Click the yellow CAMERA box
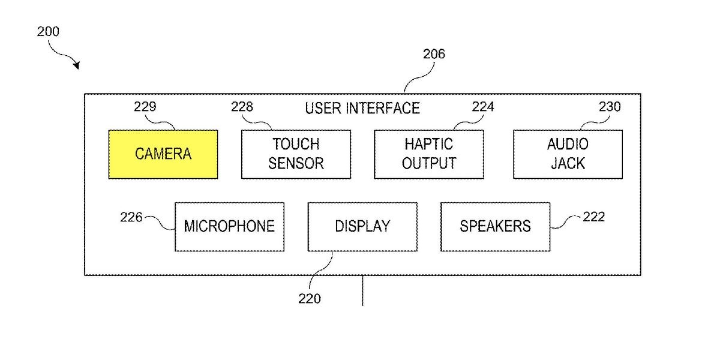coord(163,154)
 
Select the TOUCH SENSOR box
coord(296,154)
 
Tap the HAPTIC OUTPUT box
coord(428,154)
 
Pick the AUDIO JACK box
coord(568,154)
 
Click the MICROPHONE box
coord(229,226)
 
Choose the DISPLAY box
coord(362,226)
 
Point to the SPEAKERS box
coord(495,226)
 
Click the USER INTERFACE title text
coord(362,109)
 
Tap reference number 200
coord(48,32)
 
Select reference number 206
coord(434,55)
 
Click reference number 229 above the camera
coord(145,107)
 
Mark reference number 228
coord(242,107)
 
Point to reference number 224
coord(483,107)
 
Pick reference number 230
coord(610,107)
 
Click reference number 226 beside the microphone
coord(131,217)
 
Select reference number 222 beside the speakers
coord(593,217)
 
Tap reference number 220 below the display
coord(310,298)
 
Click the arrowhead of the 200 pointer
coord(76,65)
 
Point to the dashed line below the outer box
coord(362,291)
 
